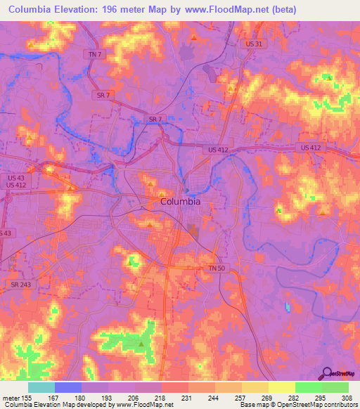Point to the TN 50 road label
217,268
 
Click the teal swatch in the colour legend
41,387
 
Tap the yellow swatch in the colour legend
281,387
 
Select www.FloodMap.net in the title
227,10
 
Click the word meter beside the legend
11,398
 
